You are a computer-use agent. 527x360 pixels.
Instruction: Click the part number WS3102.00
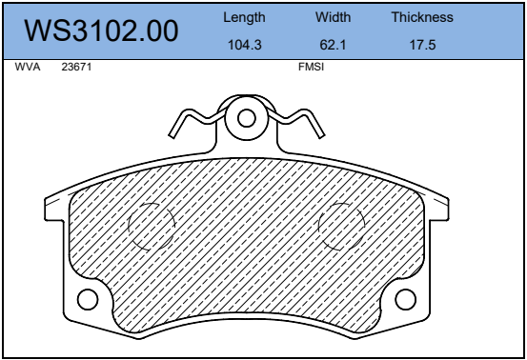click(101, 30)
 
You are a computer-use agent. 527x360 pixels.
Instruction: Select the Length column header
click(244, 17)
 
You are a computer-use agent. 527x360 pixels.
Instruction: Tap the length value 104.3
click(245, 45)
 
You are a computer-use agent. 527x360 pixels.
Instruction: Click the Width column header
click(334, 17)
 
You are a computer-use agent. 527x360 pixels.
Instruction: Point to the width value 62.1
click(333, 45)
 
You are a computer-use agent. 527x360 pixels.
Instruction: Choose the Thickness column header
click(422, 17)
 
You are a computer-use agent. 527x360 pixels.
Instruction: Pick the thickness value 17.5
click(422, 45)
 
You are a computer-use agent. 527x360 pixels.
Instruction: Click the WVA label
click(28, 67)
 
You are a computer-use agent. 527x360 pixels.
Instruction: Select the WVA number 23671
click(76, 67)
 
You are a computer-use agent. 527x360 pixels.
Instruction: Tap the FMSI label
click(312, 67)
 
